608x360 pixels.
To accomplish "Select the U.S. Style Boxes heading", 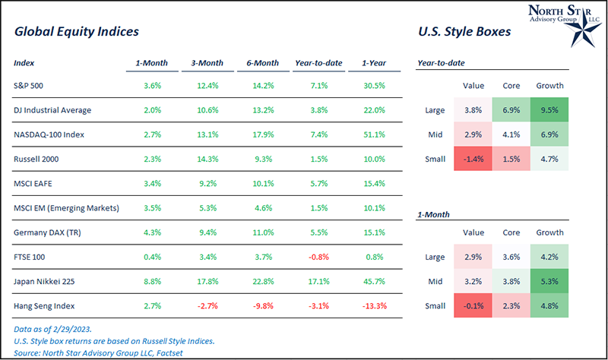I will (464, 33).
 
